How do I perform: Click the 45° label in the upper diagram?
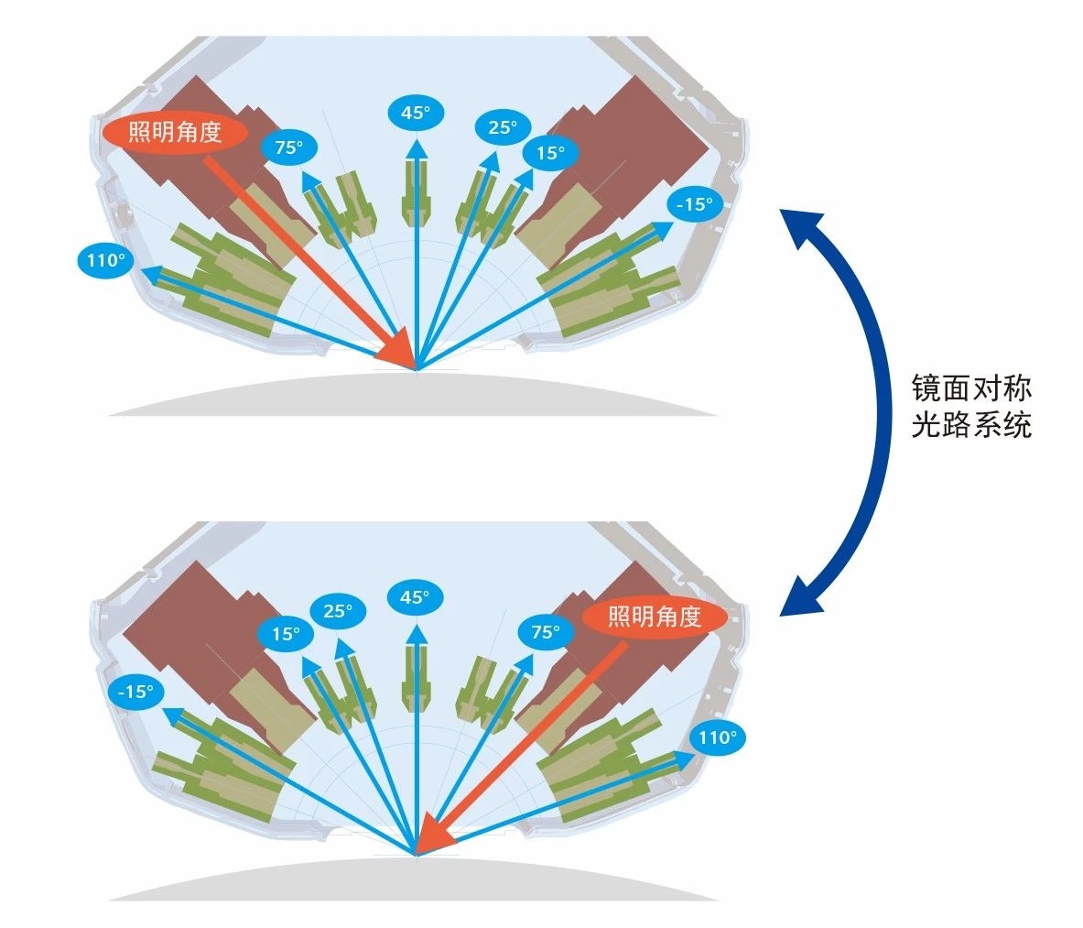point(415,113)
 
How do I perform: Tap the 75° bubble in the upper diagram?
point(288,147)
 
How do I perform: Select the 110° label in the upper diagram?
point(105,260)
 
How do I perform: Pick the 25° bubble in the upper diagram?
point(502,127)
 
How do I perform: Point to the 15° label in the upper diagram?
point(550,153)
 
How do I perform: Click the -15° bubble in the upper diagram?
point(694,204)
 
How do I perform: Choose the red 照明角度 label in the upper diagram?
point(175,132)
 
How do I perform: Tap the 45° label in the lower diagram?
point(415,597)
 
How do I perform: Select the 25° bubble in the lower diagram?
point(338,610)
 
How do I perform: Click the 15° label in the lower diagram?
point(286,634)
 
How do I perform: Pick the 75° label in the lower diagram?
point(545,632)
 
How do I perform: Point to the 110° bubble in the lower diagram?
point(717,737)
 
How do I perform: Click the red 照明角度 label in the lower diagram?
point(655,617)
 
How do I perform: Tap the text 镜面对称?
point(971,388)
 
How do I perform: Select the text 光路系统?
point(971,425)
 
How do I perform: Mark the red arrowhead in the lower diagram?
point(435,835)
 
